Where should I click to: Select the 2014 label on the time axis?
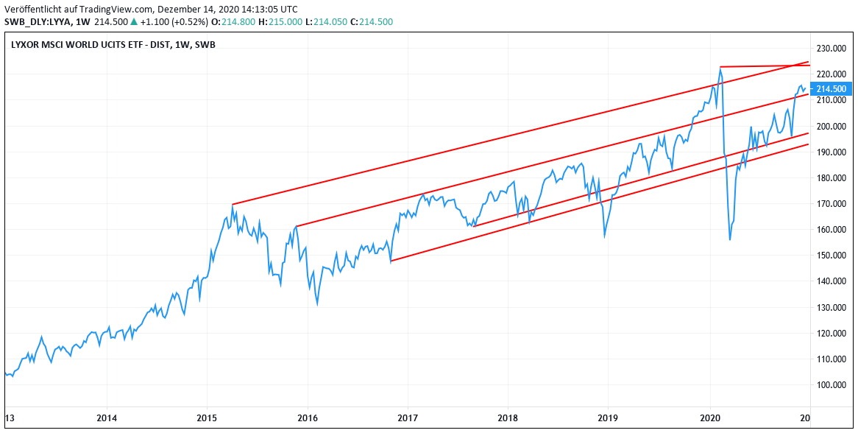pos(107,418)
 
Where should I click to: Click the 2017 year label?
pos(408,418)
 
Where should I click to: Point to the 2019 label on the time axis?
pos(608,418)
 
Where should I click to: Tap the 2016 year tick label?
pos(308,418)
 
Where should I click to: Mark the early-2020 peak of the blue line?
pos(720,68)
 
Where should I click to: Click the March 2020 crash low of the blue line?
pos(730,239)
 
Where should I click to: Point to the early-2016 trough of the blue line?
pos(317,304)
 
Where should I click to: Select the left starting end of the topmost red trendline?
pos(232,204)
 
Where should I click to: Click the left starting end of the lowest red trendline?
pos(390,261)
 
